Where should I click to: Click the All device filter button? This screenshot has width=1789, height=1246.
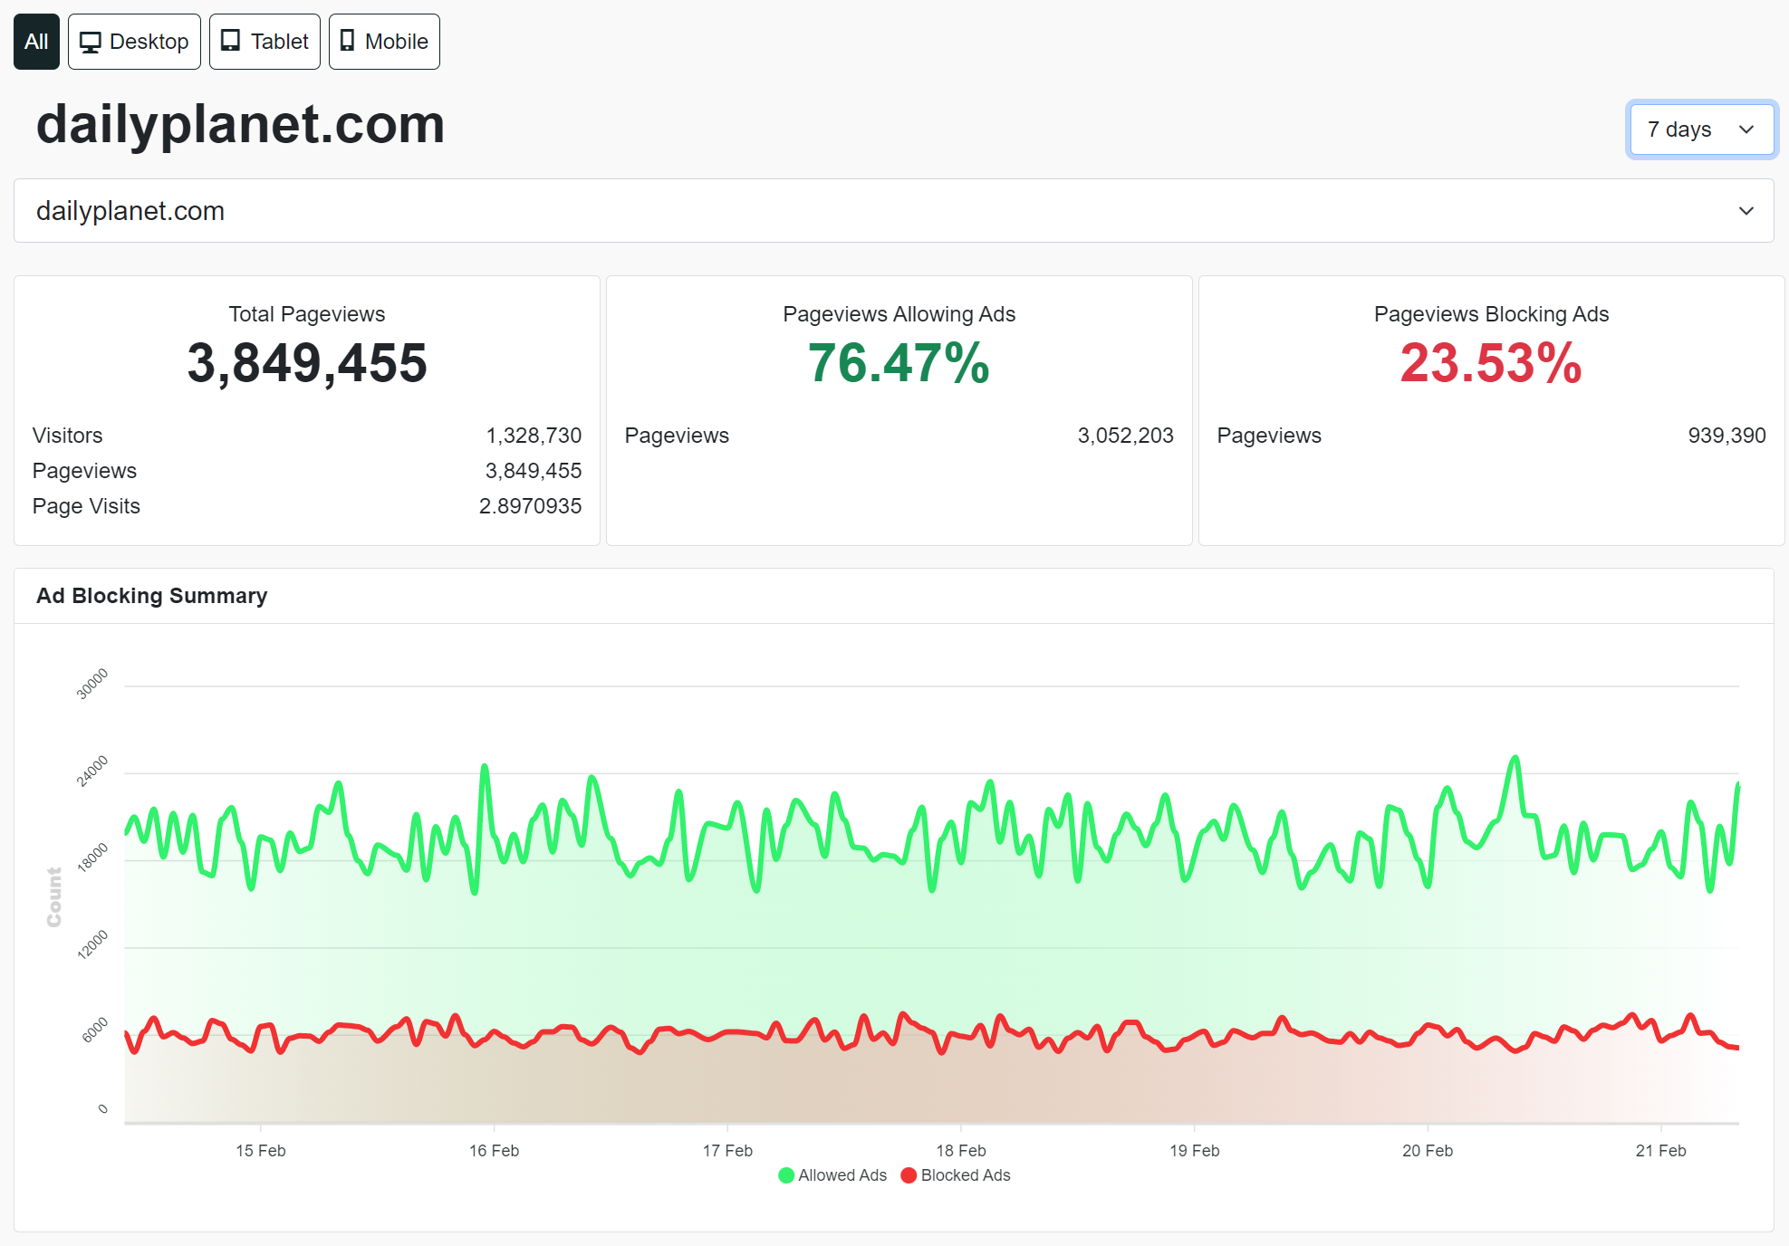pyautogui.click(x=36, y=42)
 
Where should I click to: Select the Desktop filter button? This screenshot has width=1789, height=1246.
pyautogui.click(x=134, y=42)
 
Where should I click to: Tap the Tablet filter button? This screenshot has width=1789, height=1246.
pyautogui.click(x=265, y=42)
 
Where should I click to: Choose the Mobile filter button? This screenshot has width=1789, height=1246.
pyautogui.click(x=384, y=42)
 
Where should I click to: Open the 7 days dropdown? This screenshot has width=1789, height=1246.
pyautogui.click(x=1701, y=129)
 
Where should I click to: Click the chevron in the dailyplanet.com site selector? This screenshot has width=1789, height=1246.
pyautogui.click(x=1746, y=211)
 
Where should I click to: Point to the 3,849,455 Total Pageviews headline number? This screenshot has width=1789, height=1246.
pyautogui.click(x=307, y=363)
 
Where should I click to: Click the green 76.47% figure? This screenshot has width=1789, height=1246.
pyautogui.click(x=899, y=363)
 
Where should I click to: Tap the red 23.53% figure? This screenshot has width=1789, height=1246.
pyautogui.click(x=1491, y=363)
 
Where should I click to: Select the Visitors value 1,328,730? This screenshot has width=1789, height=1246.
pyautogui.click(x=534, y=436)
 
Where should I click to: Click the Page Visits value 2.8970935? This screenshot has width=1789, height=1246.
pyautogui.click(x=530, y=506)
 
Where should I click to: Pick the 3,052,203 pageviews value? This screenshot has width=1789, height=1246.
pyautogui.click(x=1125, y=436)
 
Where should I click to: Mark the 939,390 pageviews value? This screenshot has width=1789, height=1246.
pyautogui.click(x=1726, y=436)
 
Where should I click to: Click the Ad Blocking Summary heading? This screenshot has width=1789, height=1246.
pyautogui.click(x=152, y=596)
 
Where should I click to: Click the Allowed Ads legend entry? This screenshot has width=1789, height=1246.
pyautogui.click(x=832, y=1175)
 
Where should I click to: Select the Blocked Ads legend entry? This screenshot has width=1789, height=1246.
pyautogui.click(x=956, y=1175)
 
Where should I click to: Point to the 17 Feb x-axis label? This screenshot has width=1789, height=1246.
pyautogui.click(x=727, y=1151)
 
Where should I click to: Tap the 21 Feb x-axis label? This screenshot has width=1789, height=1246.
pyautogui.click(x=1660, y=1151)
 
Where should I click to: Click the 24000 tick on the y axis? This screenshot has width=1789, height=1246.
pyautogui.click(x=92, y=771)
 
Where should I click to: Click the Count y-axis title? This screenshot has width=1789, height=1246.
pyautogui.click(x=54, y=897)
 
